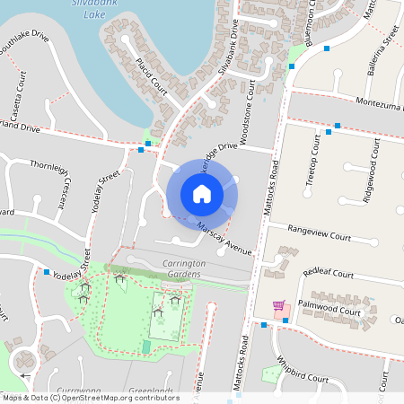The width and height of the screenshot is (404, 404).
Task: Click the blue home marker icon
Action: point(202,193)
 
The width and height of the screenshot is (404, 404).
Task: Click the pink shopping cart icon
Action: point(278,305)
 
